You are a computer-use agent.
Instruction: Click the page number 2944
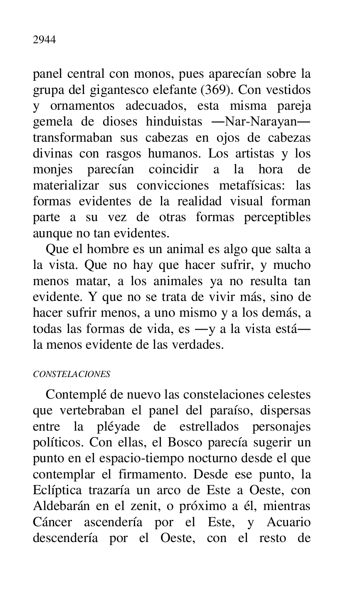pos(44,40)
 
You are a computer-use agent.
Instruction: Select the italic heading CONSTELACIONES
pos(72,374)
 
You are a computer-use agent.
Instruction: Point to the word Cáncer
pos(52,522)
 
